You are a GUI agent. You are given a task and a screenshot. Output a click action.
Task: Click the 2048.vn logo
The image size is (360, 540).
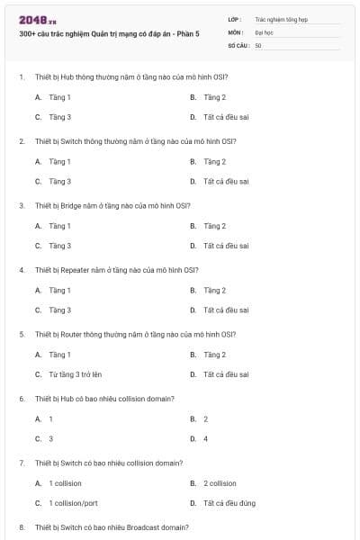pyautogui.click(x=37, y=19)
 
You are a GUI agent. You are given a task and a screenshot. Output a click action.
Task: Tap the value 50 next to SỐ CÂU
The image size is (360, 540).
pyautogui.click(x=257, y=44)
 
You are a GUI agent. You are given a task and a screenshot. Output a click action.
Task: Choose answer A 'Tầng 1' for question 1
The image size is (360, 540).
pyautogui.click(x=59, y=97)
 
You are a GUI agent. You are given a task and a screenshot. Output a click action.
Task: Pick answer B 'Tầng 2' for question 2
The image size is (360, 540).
pyautogui.click(x=214, y=162)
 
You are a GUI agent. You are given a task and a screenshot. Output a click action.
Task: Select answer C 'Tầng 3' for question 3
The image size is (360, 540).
pyautogui.click(x=59, y=246)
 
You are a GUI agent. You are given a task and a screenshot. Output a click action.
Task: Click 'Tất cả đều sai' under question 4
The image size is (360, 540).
pyautogui.click(x=225, y=310)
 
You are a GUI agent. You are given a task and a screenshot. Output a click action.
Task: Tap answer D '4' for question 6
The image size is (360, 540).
pyautogui.click(x=205, y=439)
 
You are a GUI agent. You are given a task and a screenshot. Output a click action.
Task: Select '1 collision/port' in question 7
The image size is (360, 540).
pyautogui.click(x=73, y=504)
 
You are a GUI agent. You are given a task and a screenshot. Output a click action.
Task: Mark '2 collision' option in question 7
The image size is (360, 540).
pyautogui.click(x=220, y=483)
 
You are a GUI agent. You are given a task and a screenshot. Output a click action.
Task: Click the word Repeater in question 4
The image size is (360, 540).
pyautogui.click(x=76, y=270)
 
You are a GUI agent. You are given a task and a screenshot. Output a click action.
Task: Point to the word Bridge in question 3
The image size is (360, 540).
pyautogui.click(x=72, y=205)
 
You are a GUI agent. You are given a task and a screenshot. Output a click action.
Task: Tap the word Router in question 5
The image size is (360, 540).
pyautogui.click(x=72, y=334)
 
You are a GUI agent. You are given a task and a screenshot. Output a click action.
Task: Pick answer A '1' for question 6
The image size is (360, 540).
pyautogui.click(x=50, y=418)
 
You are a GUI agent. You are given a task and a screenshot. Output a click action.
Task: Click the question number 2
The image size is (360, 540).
pyautogui.click(x=22, y=141)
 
